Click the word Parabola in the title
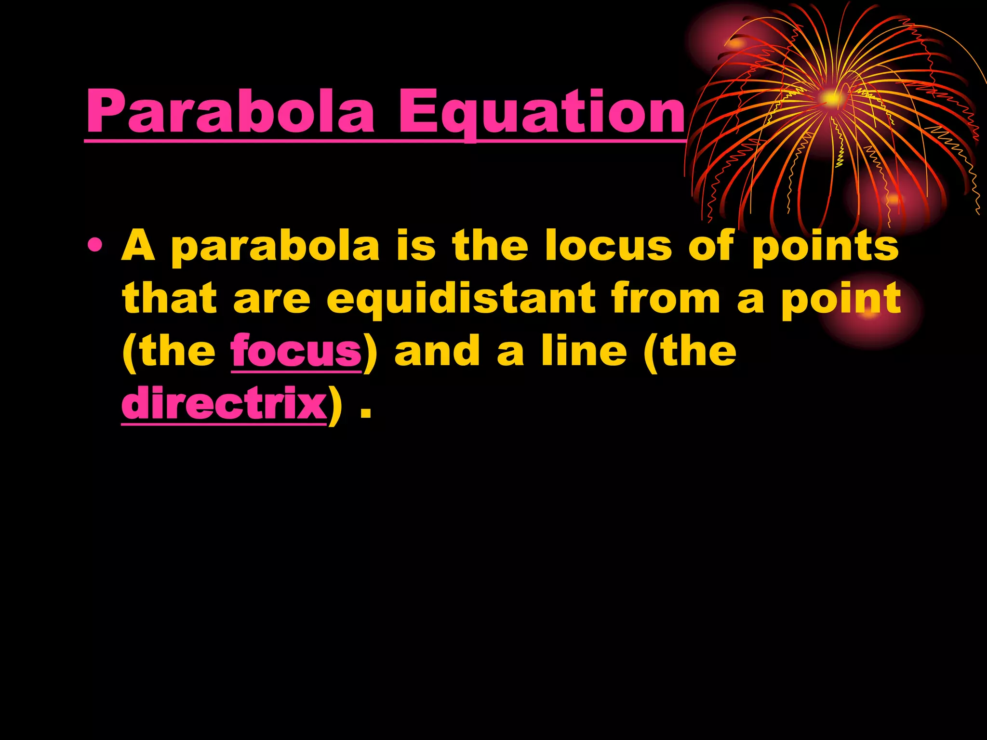(x=230, y=112)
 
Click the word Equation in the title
(x=540, y=112)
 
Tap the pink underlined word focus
(x=296, y=351)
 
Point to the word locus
(x=608, y=246)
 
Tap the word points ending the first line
(x=825, y=247)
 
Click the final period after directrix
(x=366, y=412)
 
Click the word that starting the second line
(x=170, y=299)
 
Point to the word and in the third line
(x=437, y=351)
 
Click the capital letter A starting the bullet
(x=138, y=246)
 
